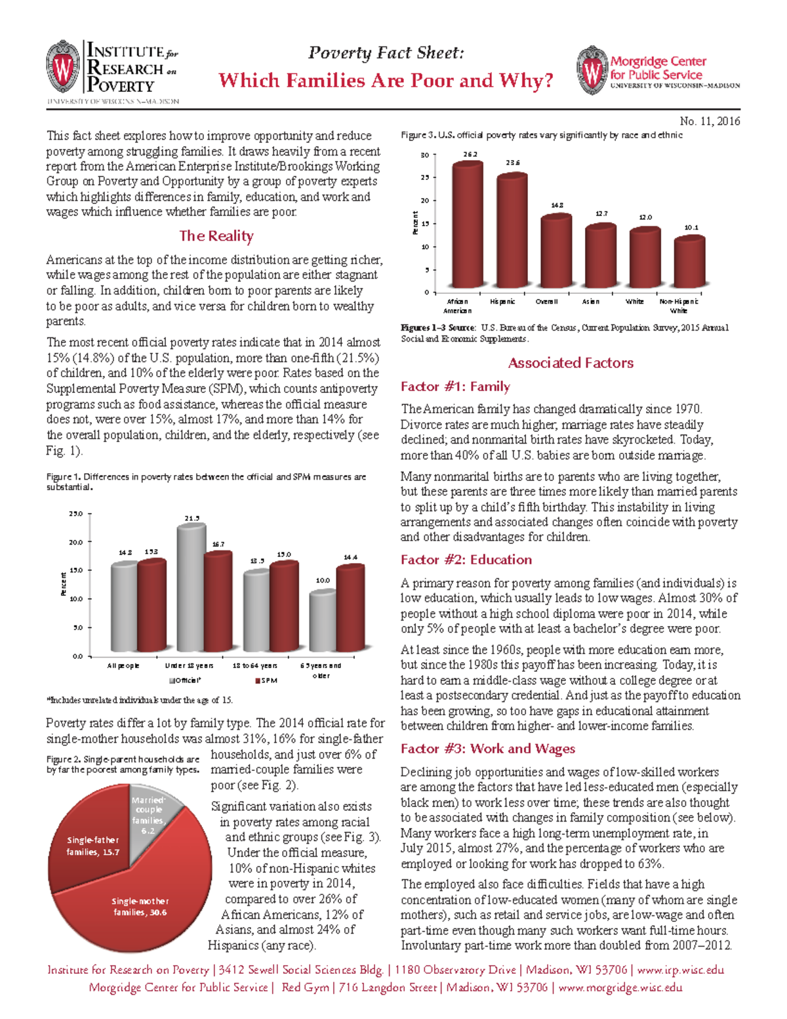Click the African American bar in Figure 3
tap(468, 226)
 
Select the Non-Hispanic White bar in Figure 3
tap(689, 262)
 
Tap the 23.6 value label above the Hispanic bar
tap(512, 163)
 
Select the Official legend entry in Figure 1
tap(185, 680)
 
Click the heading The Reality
tap(216, 236)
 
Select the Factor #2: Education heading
tap(466, 560)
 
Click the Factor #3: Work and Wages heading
tap(488, 749)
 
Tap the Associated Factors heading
tap(571, 363)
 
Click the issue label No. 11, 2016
tap(710, 121)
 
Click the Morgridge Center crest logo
tap(592, 70)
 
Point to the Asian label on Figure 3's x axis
tap(590, 302)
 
